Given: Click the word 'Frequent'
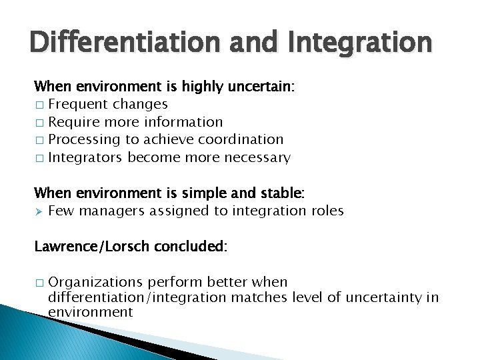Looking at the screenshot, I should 78,104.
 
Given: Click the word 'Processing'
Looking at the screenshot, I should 86,139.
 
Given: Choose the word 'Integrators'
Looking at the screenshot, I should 86,157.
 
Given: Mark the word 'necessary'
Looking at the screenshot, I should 259,157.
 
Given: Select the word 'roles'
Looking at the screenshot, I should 327,211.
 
